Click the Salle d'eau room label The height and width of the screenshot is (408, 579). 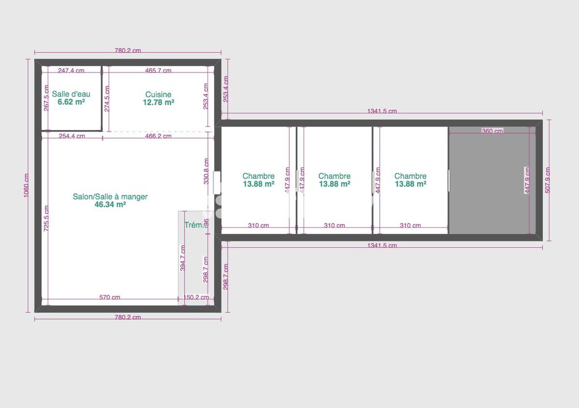tap(71, 94)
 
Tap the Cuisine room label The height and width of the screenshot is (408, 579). tap(158, 94)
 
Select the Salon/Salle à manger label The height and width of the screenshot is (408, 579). tap(110, 197)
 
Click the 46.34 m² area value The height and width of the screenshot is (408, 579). tap(110, 204)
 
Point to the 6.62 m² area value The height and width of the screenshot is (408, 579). tap(71, 102)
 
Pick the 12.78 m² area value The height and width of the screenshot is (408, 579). tap(158, 102)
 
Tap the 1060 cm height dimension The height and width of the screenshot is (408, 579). tap(26, 185)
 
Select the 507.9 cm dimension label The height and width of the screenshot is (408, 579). tap(548, 180)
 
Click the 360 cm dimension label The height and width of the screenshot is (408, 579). tap(492, 131)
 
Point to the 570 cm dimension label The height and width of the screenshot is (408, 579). tap(109, 298)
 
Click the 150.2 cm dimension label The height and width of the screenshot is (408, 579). tap(195, 298)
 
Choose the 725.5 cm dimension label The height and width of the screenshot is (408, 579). tap(46, 218)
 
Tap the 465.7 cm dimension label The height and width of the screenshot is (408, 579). tap(158, 71)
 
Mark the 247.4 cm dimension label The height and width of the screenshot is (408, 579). tap(71, 71)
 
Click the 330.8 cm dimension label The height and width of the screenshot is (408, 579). tap(206, 170)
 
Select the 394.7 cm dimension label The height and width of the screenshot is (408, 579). tap(183, 258)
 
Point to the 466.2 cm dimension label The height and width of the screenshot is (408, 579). tap(158, 136)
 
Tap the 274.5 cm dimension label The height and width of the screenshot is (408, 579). tap(107, 99)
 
